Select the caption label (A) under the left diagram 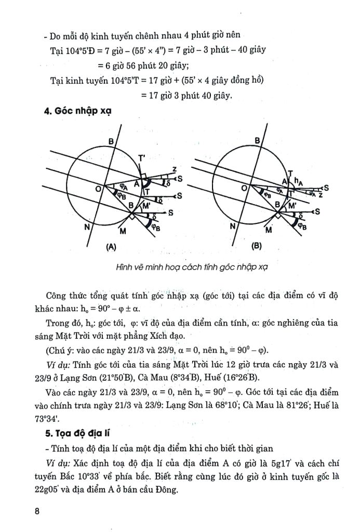(110, 247)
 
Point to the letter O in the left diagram (97, 190)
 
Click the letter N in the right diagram (232, 227)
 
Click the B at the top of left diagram (111, 141)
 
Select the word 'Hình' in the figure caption (126, 268)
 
